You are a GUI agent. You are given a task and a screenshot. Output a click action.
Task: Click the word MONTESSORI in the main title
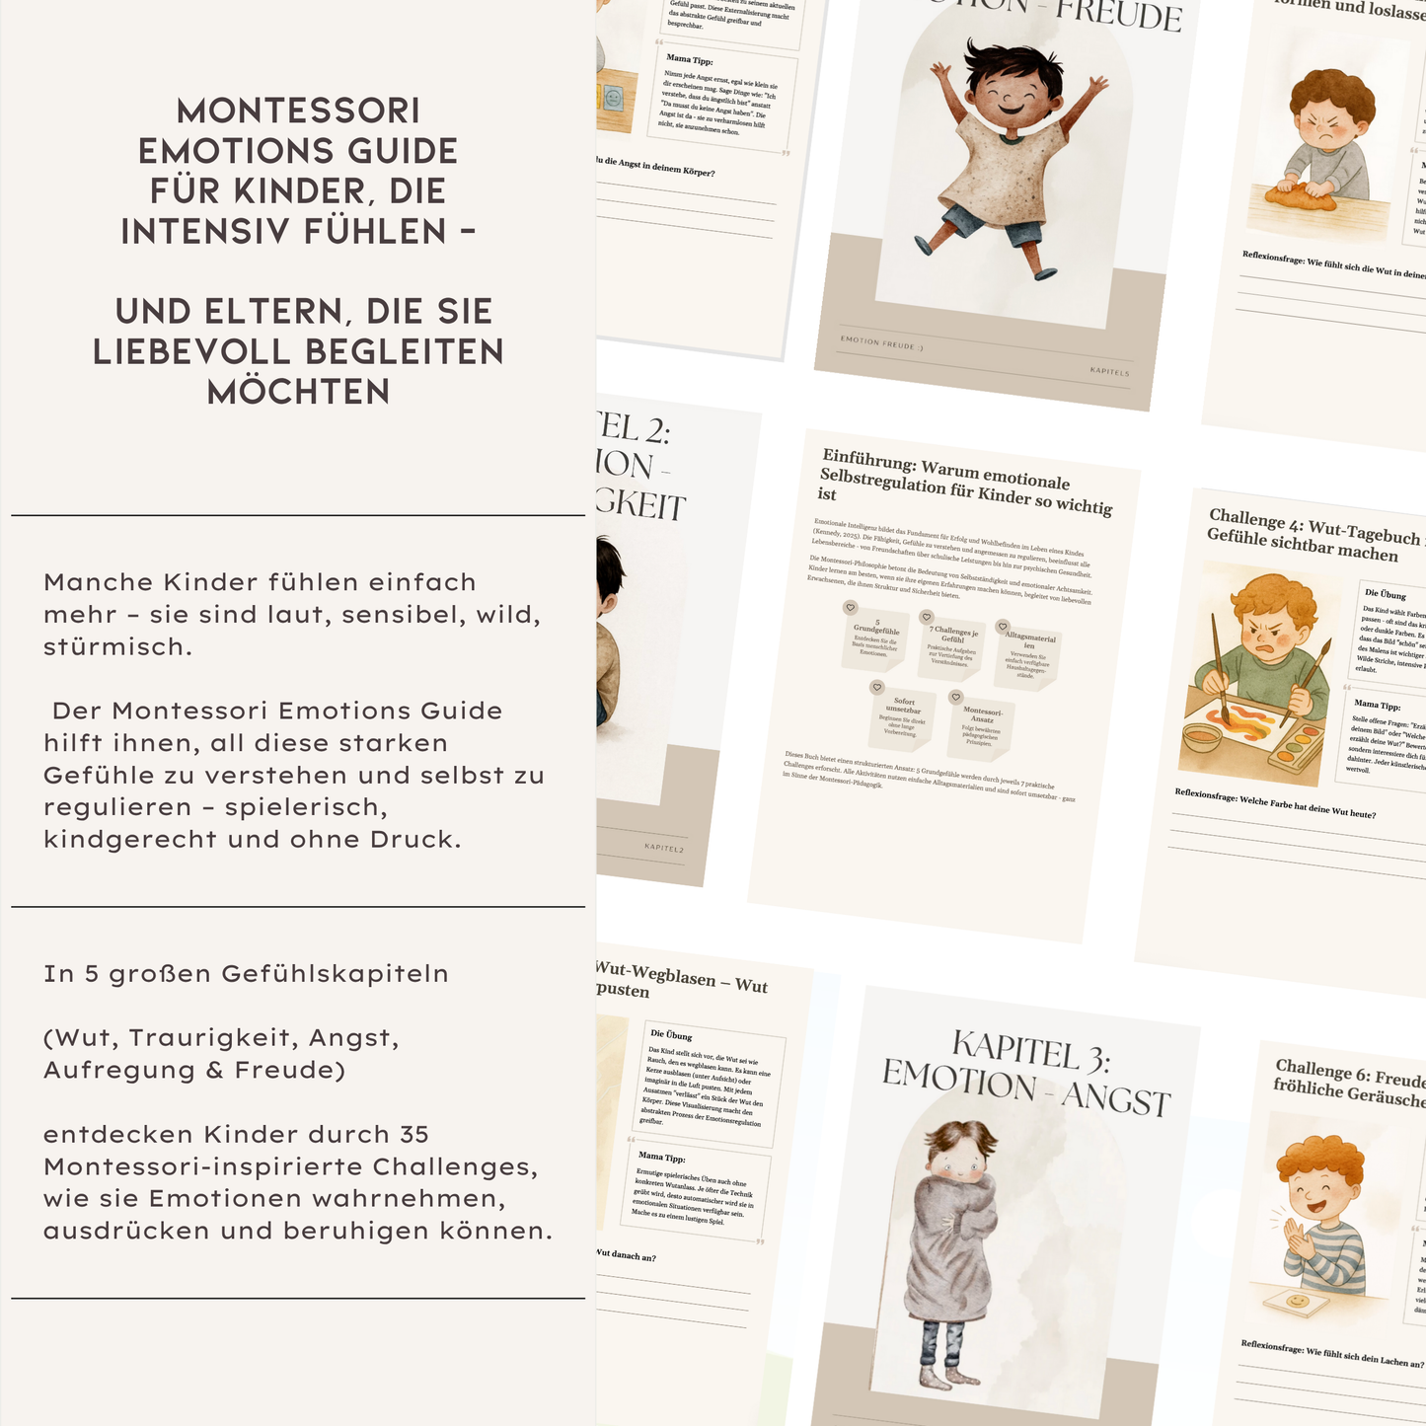[x=298, y=110]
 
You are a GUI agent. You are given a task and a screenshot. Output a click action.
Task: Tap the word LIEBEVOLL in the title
[x=298, y=351]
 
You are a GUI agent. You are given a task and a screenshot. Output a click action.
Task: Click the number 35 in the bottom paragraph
[x=413, y=1134]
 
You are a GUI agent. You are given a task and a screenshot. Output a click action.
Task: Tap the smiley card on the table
[x=1300, y=1301]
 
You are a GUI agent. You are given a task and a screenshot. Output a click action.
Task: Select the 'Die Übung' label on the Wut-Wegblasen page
[x=671, y=1035]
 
